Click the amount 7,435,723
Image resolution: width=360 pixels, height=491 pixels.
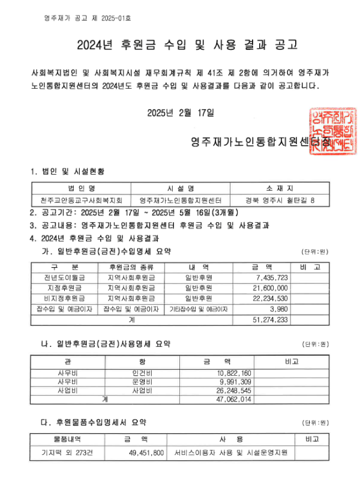(272, 278)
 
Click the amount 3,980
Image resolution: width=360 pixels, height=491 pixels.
(279, 309)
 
